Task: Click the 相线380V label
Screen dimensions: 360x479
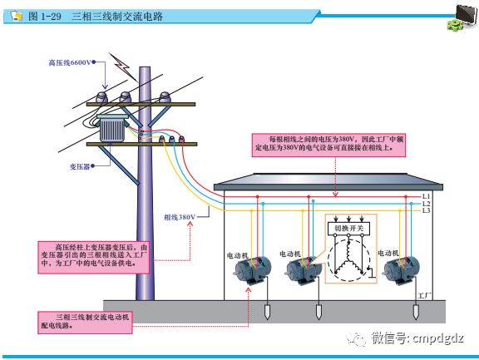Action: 179,217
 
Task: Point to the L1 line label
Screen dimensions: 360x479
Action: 426,196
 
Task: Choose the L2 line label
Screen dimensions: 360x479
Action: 426,204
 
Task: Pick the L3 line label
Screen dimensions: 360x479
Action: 426,211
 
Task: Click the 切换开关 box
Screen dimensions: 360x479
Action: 348,227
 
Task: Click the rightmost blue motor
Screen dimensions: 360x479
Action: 403,270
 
